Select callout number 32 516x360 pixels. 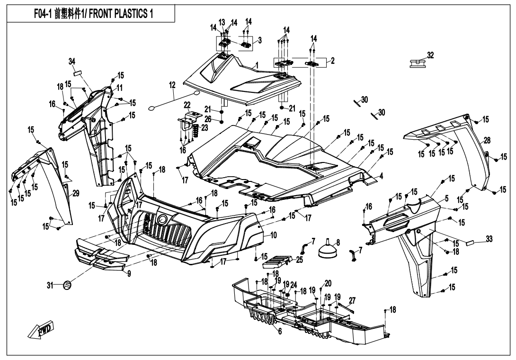pyautogui.click(x=430, y=55)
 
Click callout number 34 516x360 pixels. pyautogui.click(x=71, y=61)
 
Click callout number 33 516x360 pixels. pyautogui.click(x=489, y=239)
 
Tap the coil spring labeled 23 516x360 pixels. pyautogui.click(x=194, y=131)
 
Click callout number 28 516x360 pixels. pyautogui.click(x=487, y=141)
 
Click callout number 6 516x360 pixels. pyautogui.click(x=280, y=331)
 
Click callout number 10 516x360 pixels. pyautogui.click(x=274, y=234)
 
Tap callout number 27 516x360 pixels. pyautogui.click(x=352, y=300)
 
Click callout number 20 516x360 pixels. pyautogui.click(x=328, y=283)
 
